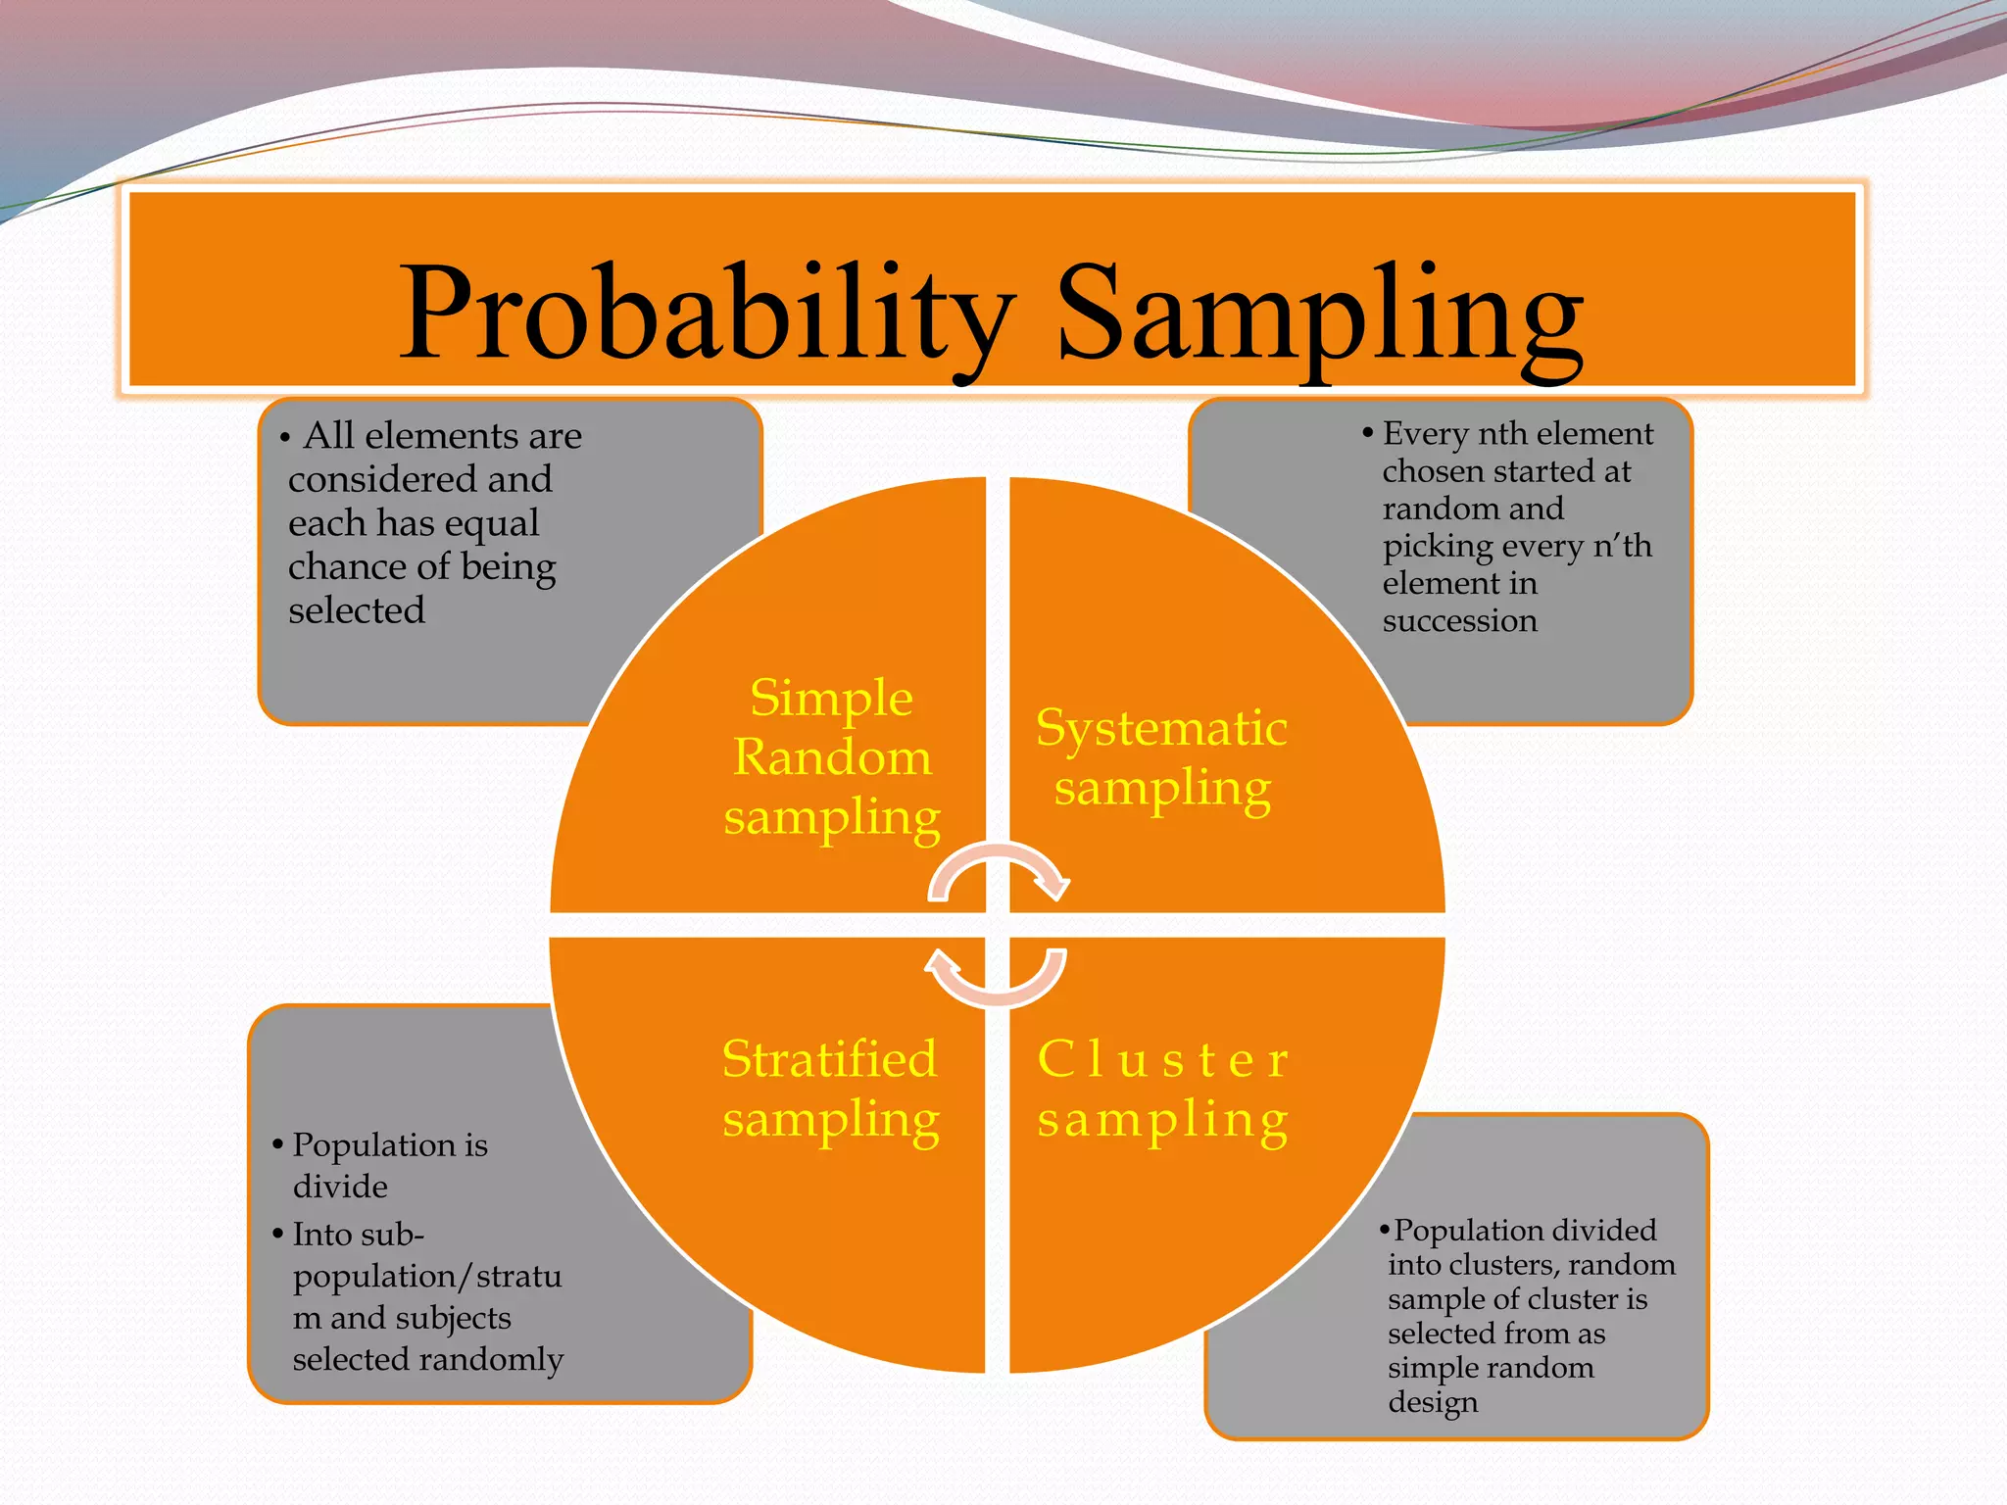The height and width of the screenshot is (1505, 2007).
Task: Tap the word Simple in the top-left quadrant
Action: (x=831, y=699)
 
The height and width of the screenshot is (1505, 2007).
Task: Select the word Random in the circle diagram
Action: (x=832, y=757)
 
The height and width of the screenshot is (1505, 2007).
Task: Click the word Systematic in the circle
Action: (x=1161, y=728)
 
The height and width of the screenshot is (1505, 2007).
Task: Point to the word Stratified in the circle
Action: (x=829, y=1059)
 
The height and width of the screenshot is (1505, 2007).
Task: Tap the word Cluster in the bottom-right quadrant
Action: (x=1162, y=1059)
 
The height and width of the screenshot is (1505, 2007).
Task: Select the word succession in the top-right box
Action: (x=1459, y=620)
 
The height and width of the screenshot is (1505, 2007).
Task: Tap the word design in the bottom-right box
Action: (x=1433, y=1402)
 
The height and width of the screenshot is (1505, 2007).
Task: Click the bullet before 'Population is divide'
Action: (x=278, y=1144)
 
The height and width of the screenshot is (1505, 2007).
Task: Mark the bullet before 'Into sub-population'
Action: (x=278, y=1234)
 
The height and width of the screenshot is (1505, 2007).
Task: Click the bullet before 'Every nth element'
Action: (x=1368, y=433)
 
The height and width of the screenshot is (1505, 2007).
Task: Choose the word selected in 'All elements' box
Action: (x=356, y=610)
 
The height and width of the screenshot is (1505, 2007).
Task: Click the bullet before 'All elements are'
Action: (x=285, y=438)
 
